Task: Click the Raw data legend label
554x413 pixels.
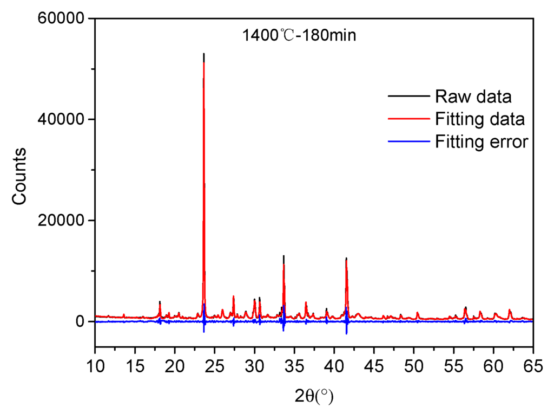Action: pos(473,97)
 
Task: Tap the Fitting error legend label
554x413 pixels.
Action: pos(481,141)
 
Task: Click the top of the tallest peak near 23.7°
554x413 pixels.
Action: pos(203,54)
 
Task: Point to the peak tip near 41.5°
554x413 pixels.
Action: pos(346,259)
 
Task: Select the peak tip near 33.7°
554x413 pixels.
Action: pos(283,256)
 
